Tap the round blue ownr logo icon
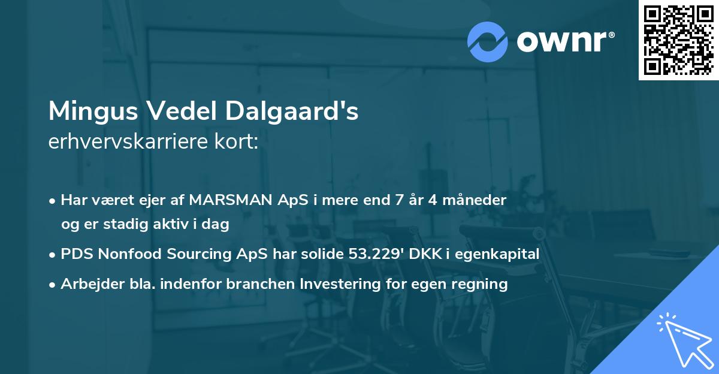(x=488, y=42)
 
